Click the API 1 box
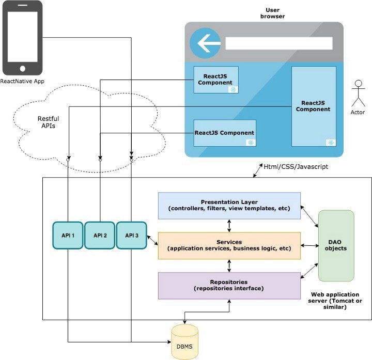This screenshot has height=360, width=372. [68, 236]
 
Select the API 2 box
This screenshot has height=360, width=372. [100, 236]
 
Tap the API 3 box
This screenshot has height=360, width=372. [131, 236]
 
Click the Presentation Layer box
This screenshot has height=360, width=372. [229, 205]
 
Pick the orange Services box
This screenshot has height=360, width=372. [229, 245]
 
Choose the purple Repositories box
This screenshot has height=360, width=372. [229, 285]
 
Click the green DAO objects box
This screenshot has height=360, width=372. [336, 245]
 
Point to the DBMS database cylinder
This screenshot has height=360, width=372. [184, 342]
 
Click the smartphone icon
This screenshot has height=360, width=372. [22, 38]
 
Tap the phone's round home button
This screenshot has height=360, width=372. [22, 68]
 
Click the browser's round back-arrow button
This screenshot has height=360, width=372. [205, 43]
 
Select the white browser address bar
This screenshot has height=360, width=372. [279, 43]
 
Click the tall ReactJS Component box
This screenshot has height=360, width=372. [313, 106]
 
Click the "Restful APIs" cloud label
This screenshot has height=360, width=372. [48, 122]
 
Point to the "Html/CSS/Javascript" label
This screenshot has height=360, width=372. [296, 167]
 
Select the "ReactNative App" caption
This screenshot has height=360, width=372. [22, 82]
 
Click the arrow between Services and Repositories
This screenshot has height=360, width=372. [229, 266]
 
